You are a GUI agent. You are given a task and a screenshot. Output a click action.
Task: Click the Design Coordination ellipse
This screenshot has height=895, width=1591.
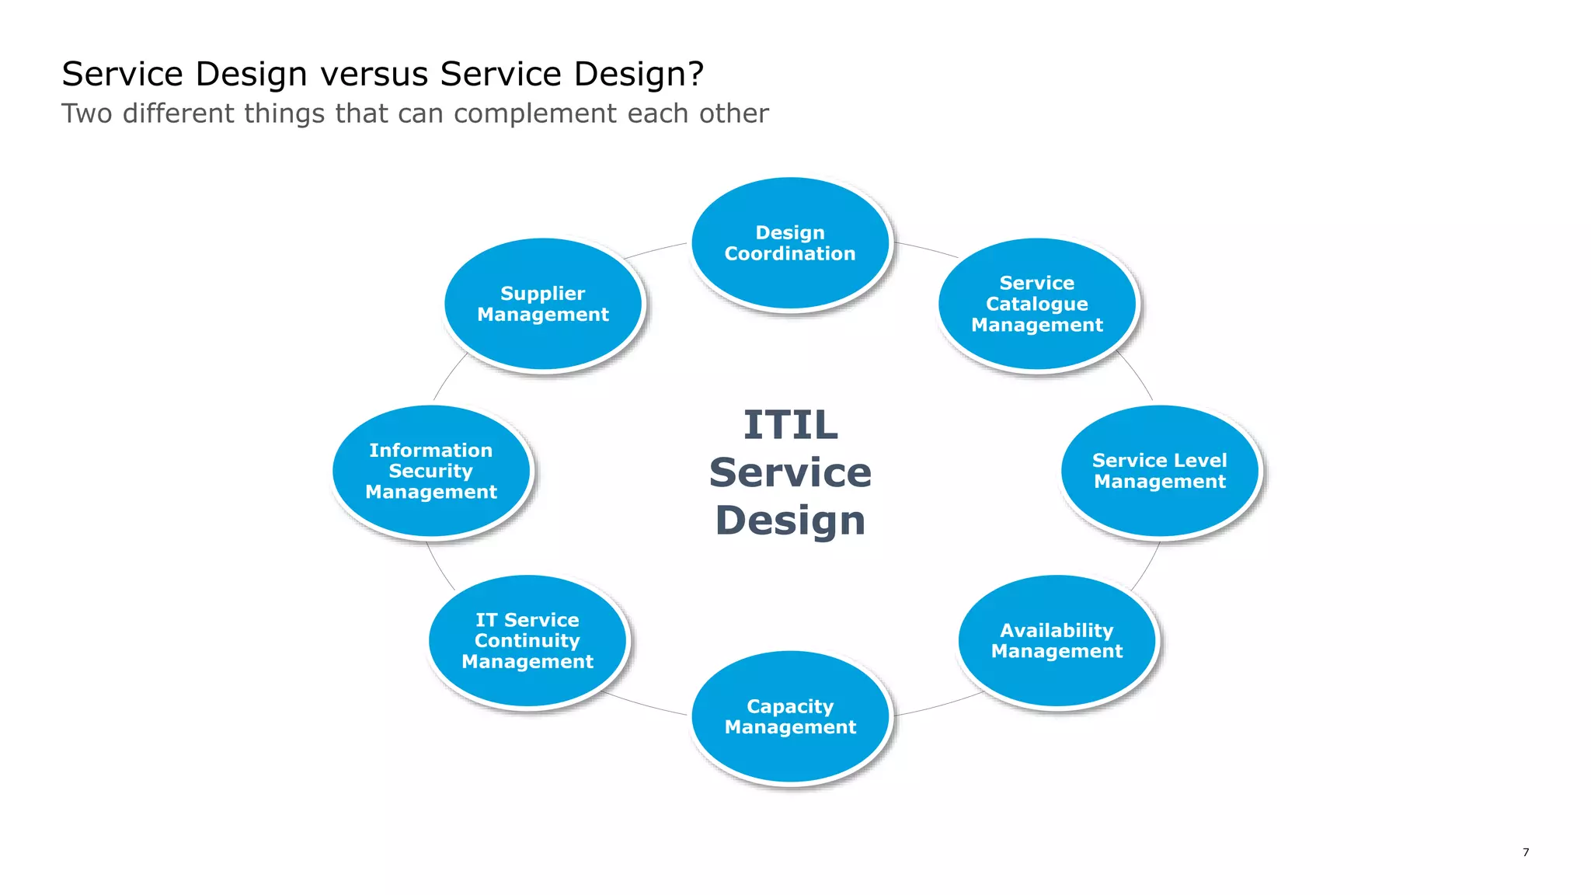790,243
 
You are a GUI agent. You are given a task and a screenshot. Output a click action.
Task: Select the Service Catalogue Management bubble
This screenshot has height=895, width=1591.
1037,304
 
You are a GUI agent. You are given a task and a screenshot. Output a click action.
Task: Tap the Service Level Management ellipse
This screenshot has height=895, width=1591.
1160,471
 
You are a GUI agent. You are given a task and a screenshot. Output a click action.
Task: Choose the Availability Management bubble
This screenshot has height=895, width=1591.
1057,641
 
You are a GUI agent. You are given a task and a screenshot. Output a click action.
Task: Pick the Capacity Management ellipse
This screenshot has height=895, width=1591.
790,716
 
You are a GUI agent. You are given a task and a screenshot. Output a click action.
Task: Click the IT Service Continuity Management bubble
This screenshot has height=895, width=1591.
527,641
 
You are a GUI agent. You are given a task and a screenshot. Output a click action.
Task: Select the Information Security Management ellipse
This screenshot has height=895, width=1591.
431,471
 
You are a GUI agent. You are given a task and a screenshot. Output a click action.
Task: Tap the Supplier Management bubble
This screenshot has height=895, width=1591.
543,304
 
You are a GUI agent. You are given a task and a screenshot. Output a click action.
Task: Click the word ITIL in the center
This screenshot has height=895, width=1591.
790,425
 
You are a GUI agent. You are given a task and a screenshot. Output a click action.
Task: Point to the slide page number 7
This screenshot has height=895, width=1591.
1526,852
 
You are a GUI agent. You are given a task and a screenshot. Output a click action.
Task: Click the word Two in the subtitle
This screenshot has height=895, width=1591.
87,113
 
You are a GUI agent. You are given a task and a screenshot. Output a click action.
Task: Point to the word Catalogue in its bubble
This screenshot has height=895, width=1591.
1037,304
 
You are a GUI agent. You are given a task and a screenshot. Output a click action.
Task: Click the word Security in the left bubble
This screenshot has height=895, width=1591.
430,471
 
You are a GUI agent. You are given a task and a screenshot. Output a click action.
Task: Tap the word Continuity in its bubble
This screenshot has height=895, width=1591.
527,641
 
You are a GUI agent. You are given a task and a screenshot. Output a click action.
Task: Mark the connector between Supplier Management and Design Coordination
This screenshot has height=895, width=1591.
656,249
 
